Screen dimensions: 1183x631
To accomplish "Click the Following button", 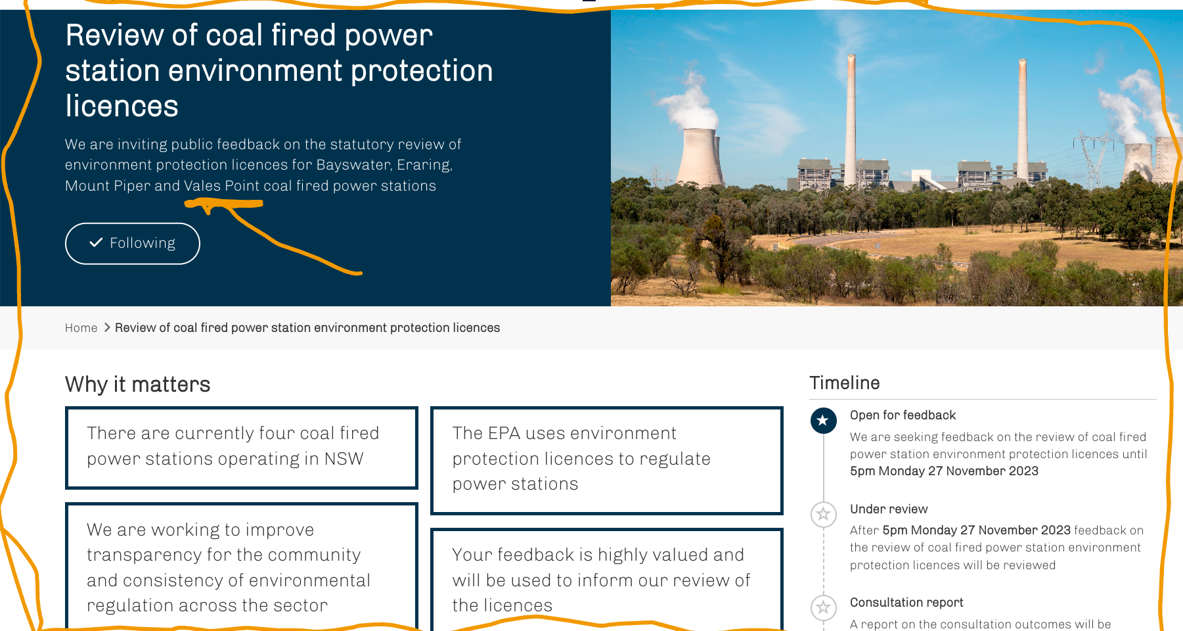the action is (x=133, y=243).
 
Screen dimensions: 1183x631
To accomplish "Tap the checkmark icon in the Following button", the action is (x=96, y=243).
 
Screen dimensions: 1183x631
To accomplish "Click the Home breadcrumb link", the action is (x=81, y=328).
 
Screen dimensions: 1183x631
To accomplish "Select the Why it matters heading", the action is (x=138, y=385).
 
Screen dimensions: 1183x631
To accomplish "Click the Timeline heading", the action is (x=845, y=383).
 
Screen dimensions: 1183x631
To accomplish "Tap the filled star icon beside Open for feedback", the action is (x=823, y=421).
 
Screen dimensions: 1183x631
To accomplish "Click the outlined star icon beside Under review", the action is (x=823, y=514).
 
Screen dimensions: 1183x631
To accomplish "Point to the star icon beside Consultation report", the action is (x=823, y=607).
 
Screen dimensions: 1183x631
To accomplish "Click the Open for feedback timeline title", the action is (x=903, y=415).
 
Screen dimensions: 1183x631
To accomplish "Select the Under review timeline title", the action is (x=889, y=509).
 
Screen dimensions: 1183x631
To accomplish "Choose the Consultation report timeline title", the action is (x=906, y=603).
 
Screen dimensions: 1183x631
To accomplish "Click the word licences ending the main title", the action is (x=122, y=106).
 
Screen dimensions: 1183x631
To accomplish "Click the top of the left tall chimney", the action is (x=851, y=57).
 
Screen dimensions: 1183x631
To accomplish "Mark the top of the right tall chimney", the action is (x=1023, y=62).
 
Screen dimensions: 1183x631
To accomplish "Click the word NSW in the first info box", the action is (x=344, y=459).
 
